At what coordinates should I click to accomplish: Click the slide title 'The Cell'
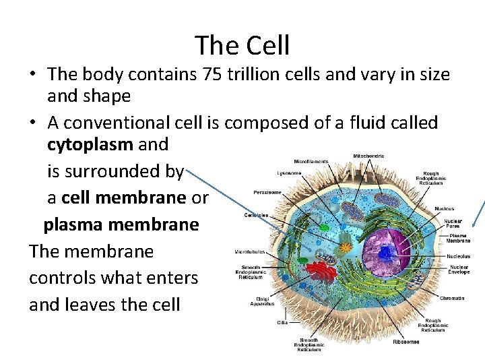point(243,45)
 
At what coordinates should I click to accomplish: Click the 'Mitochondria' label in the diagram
point(368,156)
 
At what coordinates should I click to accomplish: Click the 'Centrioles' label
point(256,215)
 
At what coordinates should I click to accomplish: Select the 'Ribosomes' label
point(406,342)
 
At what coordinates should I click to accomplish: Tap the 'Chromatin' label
point(451,297)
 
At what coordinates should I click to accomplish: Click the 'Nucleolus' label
point(457,256)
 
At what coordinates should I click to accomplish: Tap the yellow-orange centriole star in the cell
point(346,247)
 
